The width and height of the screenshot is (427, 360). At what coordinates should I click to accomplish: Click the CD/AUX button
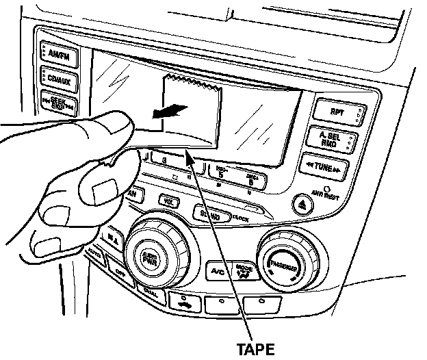(59, 81)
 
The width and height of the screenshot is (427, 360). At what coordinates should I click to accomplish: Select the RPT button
(336, 111)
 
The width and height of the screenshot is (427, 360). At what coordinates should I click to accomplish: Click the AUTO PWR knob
(149, 258)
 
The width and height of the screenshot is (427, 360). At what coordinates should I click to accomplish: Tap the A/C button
(218, 272)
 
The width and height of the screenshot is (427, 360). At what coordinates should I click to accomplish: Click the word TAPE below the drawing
(255, 348)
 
